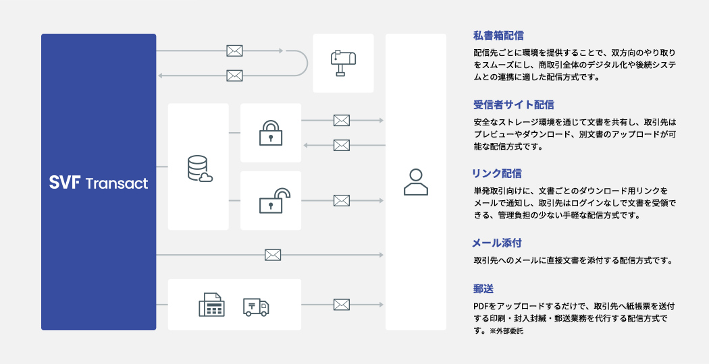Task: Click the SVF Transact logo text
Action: (99, 183)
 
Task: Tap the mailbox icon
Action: (343, 63)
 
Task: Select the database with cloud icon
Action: (199, 169)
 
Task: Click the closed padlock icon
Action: (271, 133)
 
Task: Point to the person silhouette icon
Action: (415, 181)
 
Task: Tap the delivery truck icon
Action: (255, 307)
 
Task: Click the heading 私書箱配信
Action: (498, 35)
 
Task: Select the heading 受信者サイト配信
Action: (514, 104)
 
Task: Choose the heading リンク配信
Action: (498, 173)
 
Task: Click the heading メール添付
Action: (498, 242)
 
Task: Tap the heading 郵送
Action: (483, 289)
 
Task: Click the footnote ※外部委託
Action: (506, 332)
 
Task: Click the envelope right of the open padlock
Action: (342, 200)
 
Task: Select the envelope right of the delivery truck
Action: (342, 305)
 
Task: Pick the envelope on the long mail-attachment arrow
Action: (273, 255)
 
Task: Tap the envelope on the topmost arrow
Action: (234, 51)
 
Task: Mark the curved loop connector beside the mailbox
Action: (303, 63)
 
